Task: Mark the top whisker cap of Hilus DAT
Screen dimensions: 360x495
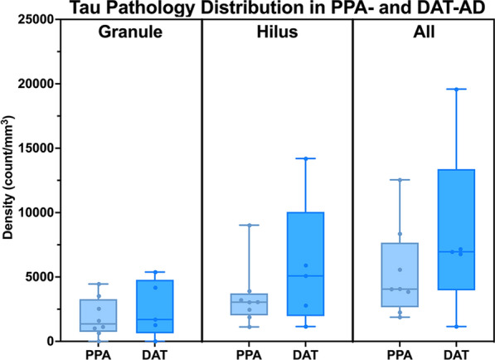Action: (305, 158)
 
